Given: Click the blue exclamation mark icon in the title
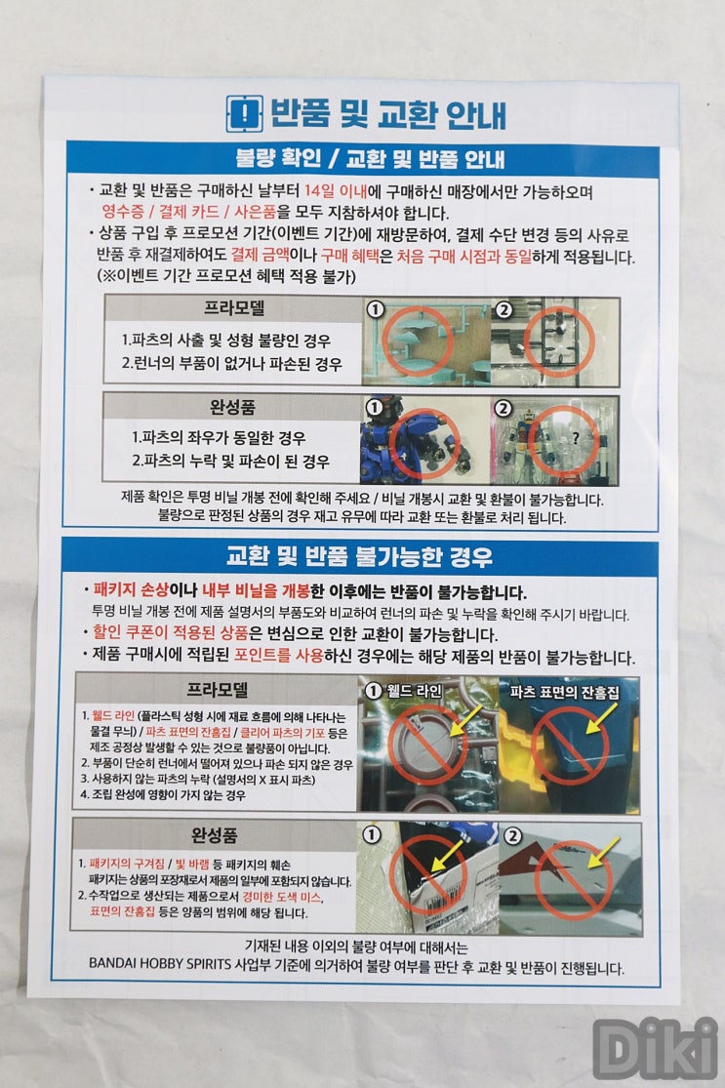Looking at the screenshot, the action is click(244, 114).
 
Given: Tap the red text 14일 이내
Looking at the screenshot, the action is click(336, 191).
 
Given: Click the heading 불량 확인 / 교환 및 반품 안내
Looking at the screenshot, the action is click(370, 160).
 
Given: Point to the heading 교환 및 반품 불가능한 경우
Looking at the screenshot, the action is click(359, 556).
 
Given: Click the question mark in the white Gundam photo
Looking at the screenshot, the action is click(575, 437).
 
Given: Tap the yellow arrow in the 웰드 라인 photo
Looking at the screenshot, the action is click(465, 720).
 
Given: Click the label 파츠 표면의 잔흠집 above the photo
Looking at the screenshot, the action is click(564, 692).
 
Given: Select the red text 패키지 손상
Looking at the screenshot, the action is click(131, 590).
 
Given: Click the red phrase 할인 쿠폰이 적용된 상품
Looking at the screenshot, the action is click(170, 632).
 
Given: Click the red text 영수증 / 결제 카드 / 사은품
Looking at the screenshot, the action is click(188, 212).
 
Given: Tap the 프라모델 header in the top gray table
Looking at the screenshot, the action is click(234, 308).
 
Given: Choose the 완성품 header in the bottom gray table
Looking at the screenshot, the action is click(215, 835).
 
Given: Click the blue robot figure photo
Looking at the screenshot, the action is click(424, 440).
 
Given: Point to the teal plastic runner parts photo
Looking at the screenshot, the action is click(426, 341).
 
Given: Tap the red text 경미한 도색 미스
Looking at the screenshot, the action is click(282, 897).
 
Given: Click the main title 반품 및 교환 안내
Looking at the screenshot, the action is click(387, 114).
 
